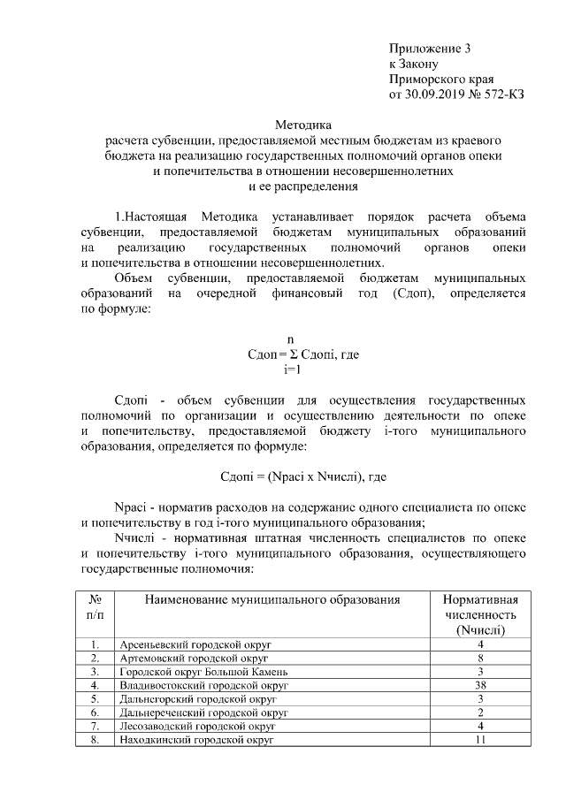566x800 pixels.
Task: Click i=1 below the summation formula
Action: click(292, 370)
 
